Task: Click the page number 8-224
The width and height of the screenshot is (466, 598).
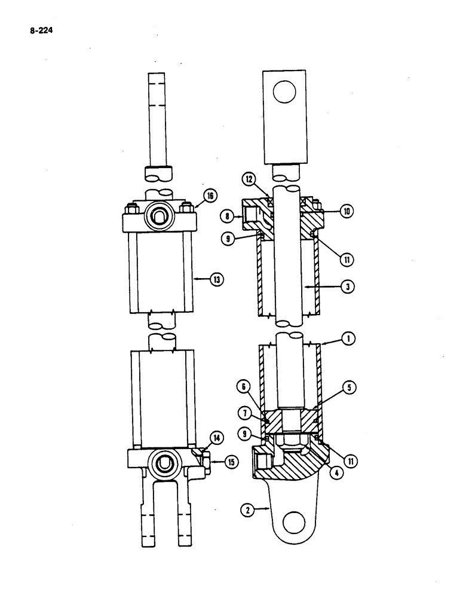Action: (40, 26)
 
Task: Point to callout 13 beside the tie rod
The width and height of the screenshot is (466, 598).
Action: (211, 279)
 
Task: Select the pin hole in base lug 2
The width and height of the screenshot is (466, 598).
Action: (293, 524)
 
